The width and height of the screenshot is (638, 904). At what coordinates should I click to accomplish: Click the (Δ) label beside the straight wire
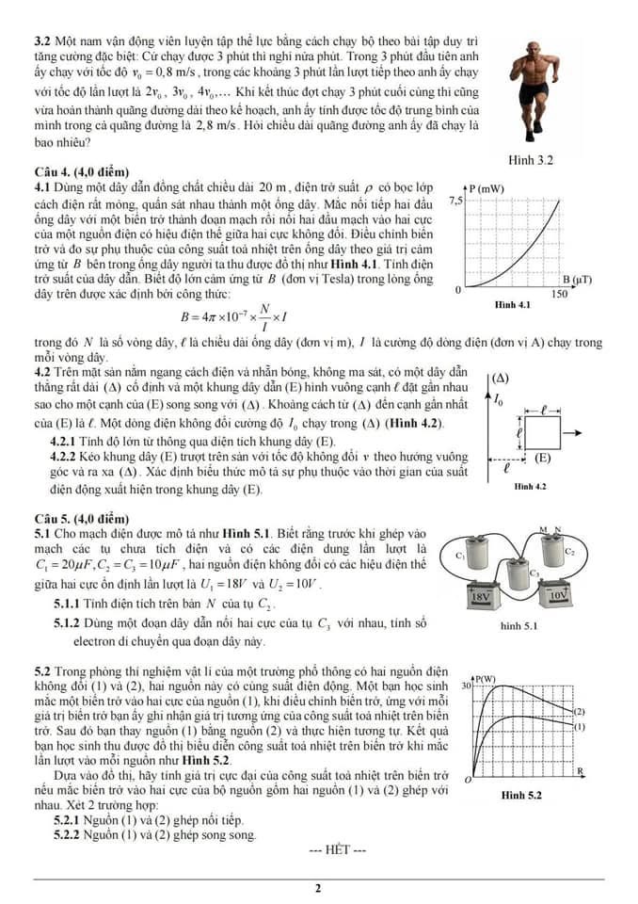click(x=500, y=379)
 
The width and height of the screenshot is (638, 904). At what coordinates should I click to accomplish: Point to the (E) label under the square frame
click(x=542, y=459)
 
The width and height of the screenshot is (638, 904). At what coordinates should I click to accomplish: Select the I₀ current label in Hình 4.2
click(x=499, y=399)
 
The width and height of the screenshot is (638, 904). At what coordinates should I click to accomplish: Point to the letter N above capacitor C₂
click(x=557, y=529)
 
